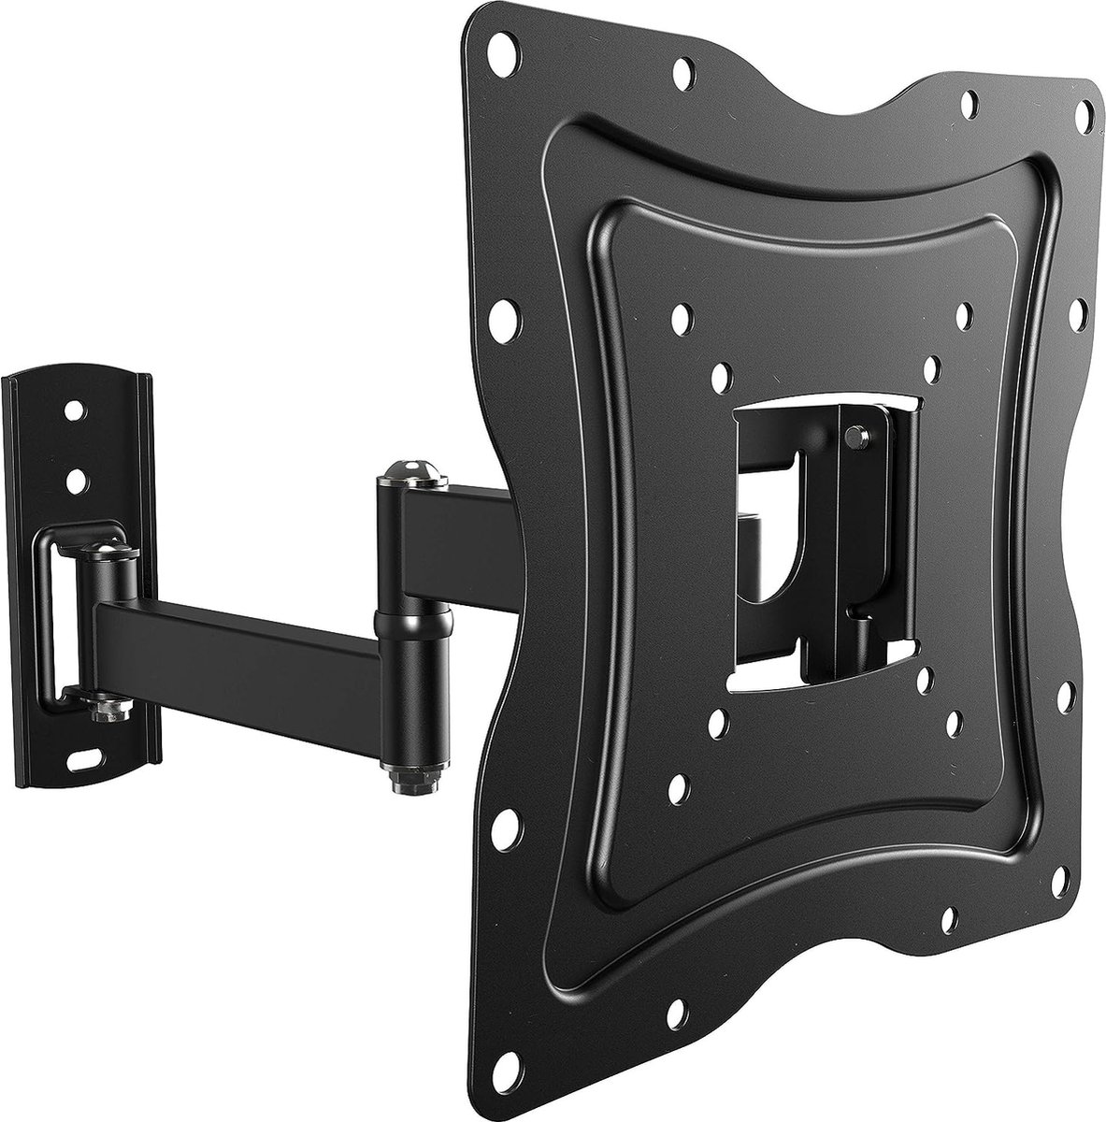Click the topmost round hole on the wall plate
[x=72, y=410]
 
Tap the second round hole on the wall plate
[x=75, y=481]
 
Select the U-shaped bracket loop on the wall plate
[x=58, y=617]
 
